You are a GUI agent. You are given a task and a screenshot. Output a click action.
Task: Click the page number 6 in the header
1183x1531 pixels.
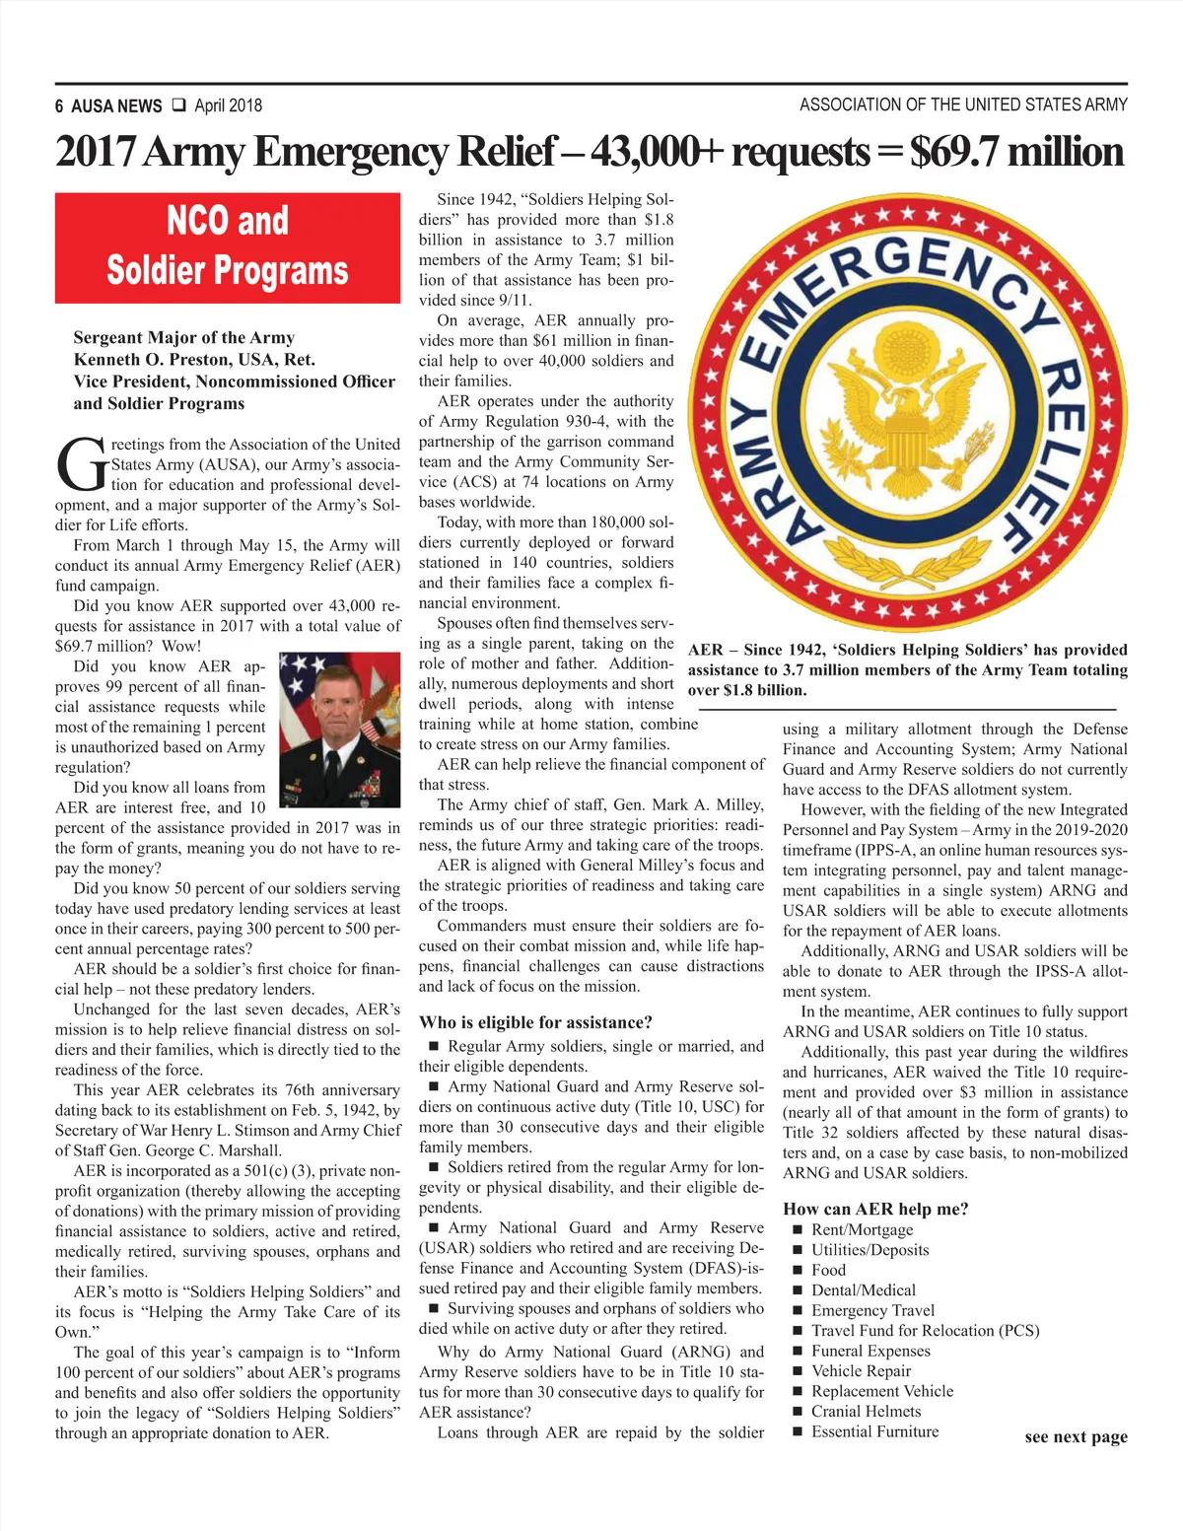(60, 106)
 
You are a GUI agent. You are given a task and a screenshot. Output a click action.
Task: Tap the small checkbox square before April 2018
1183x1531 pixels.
(178, 104)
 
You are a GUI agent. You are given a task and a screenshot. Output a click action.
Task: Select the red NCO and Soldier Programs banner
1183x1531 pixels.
(228, 247)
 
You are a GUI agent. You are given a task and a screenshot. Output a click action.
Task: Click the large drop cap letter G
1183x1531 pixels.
(81, 464)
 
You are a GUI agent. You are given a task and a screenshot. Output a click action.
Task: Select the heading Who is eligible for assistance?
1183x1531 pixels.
(535, 1022)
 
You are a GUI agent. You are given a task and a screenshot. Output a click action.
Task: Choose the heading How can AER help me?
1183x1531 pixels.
(875, 1209)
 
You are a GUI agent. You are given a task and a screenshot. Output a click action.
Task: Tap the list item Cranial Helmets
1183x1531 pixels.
(866, 1411)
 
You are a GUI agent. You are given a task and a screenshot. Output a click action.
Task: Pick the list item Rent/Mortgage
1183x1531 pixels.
(862, 1229)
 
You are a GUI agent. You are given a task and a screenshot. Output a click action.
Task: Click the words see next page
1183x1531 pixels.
(1076, 1436)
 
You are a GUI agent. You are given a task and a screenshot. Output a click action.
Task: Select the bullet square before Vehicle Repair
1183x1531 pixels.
(798, 1371)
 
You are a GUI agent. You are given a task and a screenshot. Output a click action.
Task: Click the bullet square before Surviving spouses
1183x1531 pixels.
(434, 1309)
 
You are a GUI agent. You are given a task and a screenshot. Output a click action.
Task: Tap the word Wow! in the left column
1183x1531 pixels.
(181, 646)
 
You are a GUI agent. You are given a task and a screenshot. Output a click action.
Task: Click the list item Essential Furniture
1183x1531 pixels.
(874, 1431)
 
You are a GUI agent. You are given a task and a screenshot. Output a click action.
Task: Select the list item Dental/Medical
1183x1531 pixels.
(863, 1289)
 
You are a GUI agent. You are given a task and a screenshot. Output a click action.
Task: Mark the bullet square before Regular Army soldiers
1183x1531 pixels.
(434, 1047)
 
